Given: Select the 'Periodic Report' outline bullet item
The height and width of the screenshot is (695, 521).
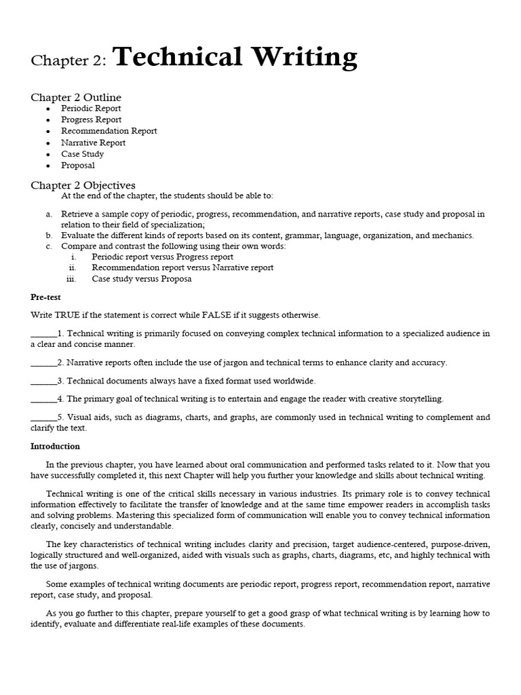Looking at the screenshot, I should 91,109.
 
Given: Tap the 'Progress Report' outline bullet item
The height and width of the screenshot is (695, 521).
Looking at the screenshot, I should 91,119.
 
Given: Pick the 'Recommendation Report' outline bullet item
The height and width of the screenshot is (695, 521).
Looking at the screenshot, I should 109,131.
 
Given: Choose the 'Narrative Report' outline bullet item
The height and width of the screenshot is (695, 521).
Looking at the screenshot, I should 93,143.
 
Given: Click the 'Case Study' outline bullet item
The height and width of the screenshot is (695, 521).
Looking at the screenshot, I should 82,154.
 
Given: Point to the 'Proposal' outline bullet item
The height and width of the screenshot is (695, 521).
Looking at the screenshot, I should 77,166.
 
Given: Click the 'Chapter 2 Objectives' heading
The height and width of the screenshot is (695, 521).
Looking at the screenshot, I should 83,185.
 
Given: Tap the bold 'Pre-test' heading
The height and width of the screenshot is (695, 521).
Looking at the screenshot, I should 45,297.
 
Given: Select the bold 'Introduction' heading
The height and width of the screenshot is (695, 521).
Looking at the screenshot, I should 55,446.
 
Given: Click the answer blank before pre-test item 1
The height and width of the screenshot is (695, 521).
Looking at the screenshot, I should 44,334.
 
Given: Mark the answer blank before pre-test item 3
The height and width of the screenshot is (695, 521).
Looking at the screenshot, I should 44,381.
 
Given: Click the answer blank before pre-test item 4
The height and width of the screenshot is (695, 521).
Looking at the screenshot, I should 44,399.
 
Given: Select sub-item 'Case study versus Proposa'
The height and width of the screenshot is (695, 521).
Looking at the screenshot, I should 142,279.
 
